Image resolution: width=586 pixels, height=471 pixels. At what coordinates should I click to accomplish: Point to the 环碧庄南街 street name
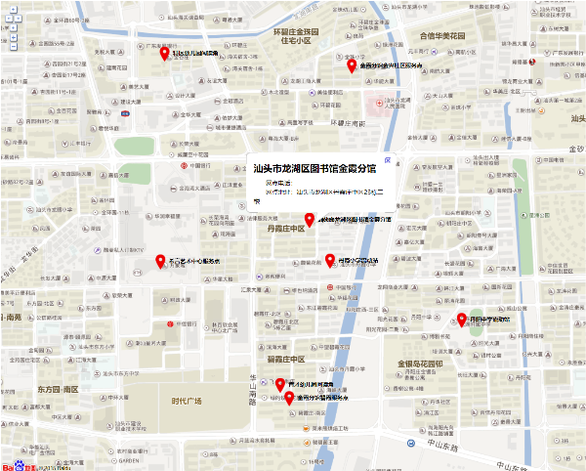347,124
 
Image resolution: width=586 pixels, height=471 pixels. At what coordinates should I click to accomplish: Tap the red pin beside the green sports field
463,319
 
